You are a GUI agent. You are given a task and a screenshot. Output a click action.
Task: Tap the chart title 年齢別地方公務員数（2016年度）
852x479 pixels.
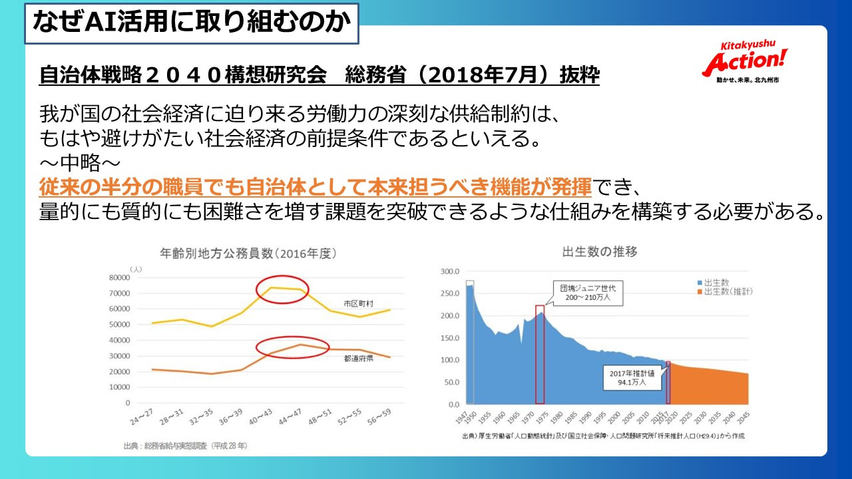point(248,253)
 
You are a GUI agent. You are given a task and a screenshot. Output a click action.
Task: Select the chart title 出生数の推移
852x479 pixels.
point(590,252)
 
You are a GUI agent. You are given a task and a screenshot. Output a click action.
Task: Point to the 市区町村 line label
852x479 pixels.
point(359,303)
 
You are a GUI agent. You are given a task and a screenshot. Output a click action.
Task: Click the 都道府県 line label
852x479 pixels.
point(358,358)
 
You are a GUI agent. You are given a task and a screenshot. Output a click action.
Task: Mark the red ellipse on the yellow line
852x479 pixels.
point(282,289)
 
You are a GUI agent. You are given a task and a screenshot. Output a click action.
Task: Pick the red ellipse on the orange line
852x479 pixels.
point(293,347)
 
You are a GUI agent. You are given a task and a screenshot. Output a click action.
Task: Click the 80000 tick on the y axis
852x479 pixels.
point(120,277)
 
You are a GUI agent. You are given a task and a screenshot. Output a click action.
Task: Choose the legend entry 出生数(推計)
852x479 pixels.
point(724,292)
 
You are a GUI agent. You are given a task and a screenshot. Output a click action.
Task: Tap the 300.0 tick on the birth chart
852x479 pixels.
point(451,271)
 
